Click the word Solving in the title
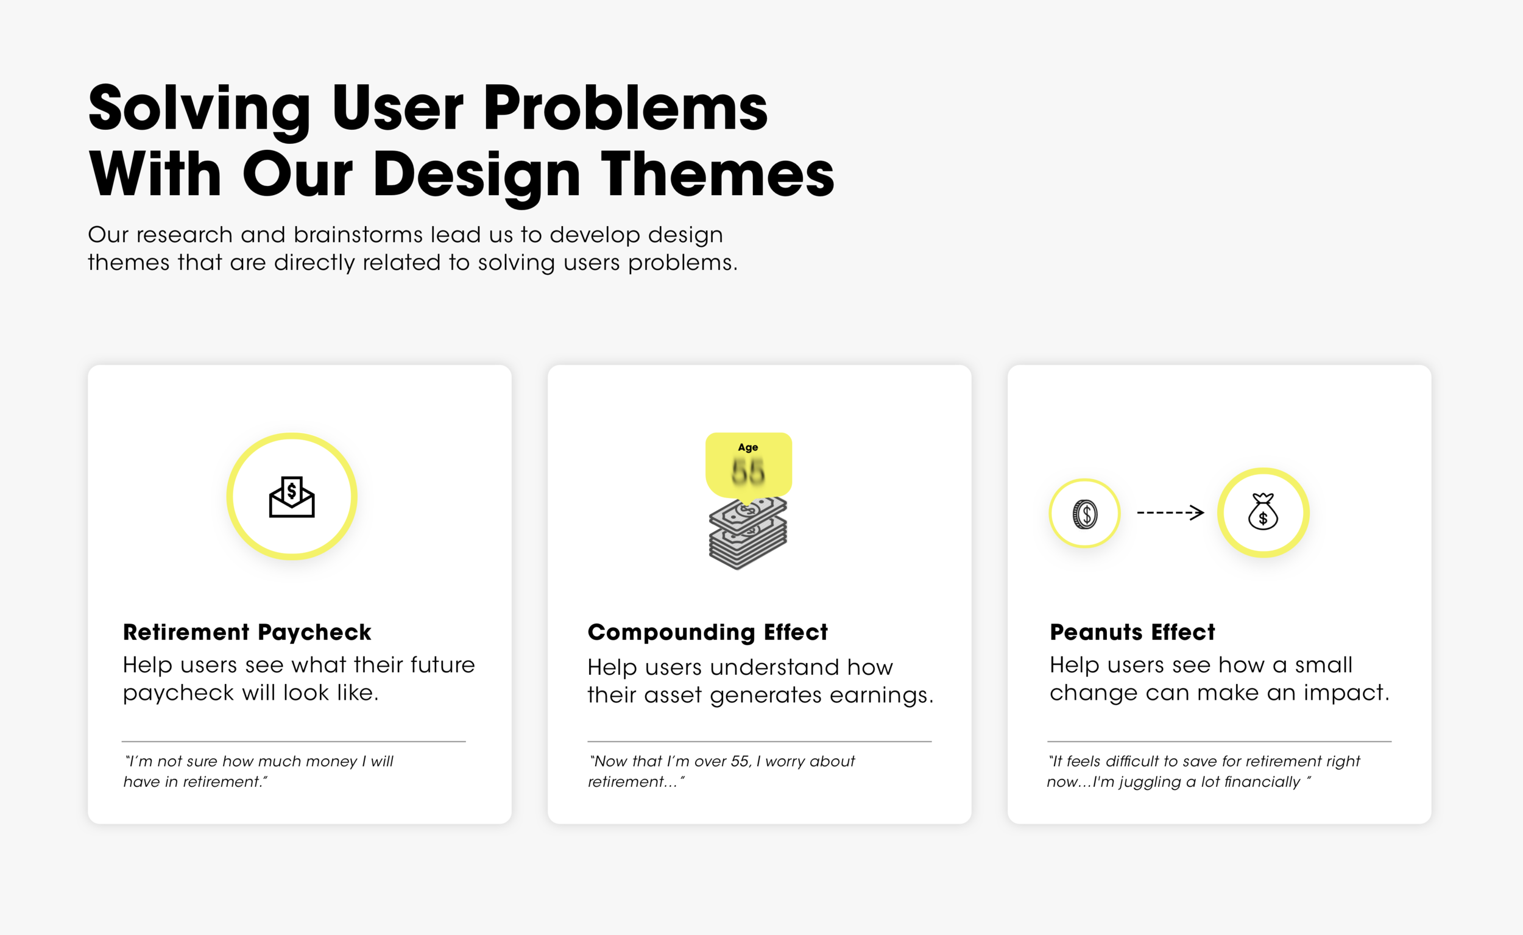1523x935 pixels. [x=199, y=110]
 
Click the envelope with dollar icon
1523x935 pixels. [x=292, y=497]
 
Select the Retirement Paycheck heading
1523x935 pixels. [x=247, y=632]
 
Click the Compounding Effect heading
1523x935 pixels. [x=707, y=632]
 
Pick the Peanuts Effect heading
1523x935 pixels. [x=1132, y=632]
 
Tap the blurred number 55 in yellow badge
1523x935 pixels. [x=748, y=472]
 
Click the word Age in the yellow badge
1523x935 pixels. [x=748, y=447]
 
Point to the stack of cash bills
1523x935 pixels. [x=747, y=536]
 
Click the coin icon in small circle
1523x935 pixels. [x=1085, y=514]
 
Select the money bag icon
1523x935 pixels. [x=1263, y=512]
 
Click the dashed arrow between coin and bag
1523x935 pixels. [x=1170, y=512]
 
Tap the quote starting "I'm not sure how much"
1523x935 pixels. [x=258, y=771]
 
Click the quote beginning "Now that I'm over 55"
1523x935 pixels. [x=721, y=771]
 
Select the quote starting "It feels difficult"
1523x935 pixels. [x=1203, y=771]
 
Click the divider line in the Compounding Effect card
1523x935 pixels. [x=759, y=741]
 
